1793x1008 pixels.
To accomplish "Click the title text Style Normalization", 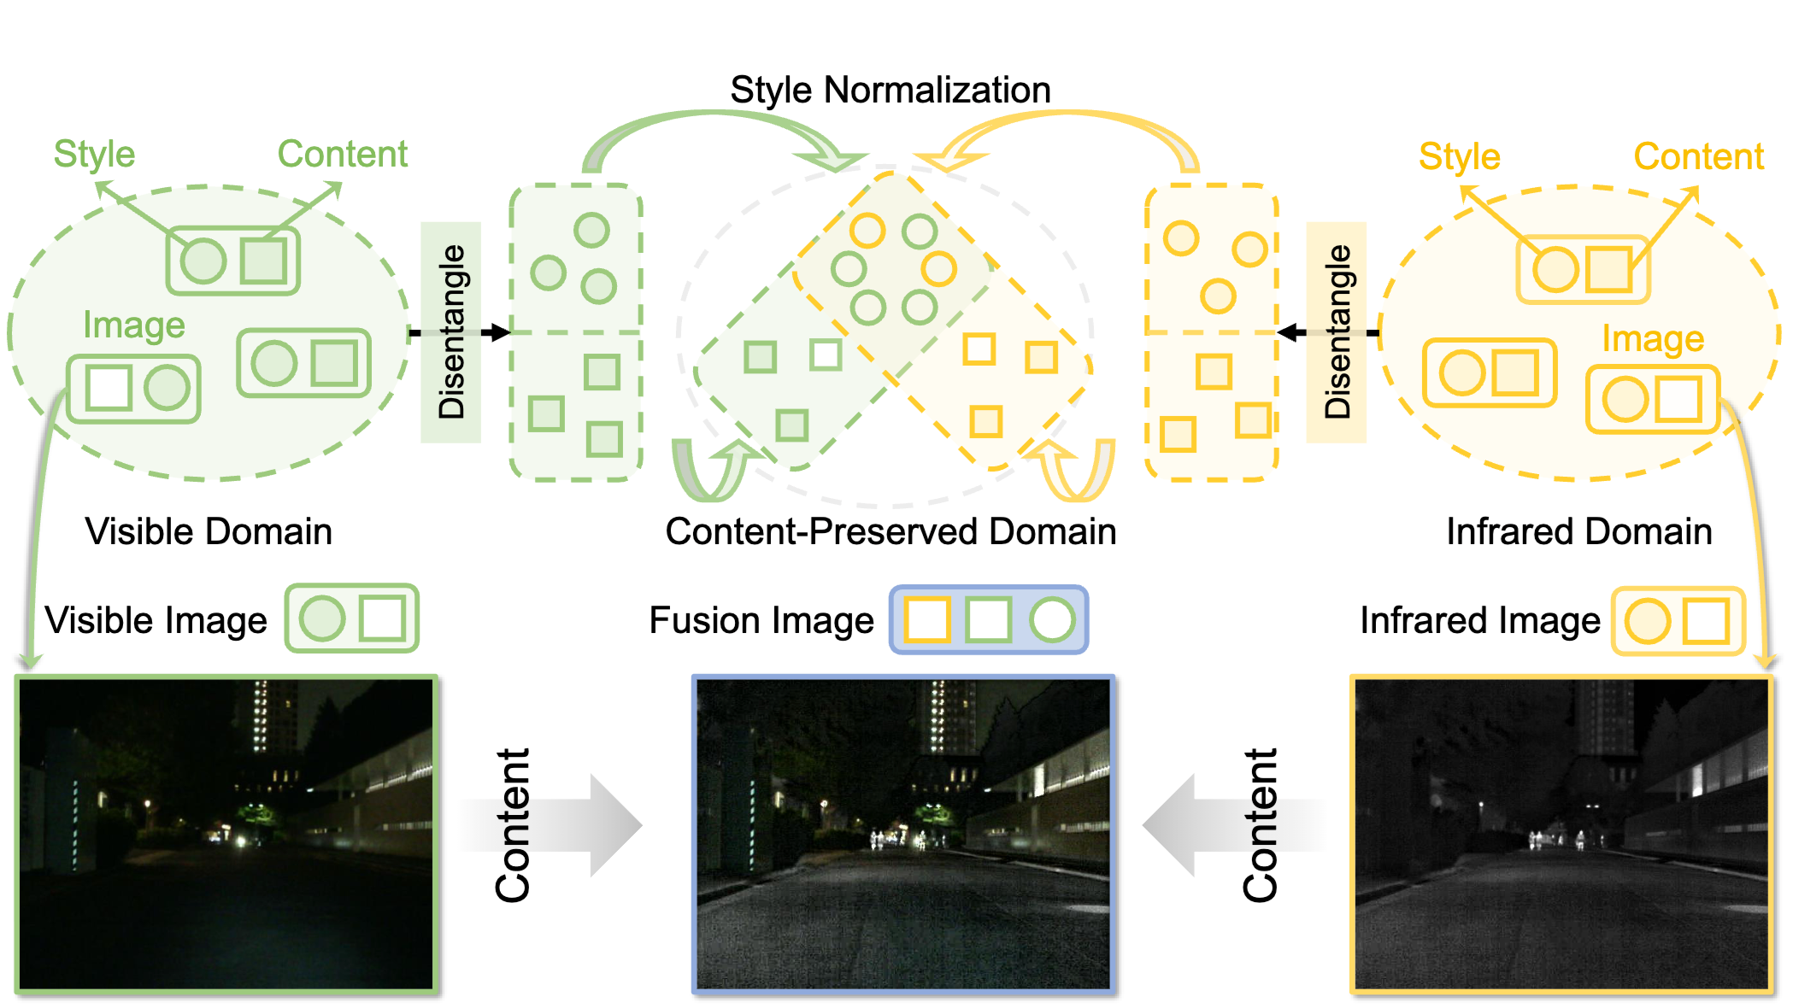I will click(x=890, y=90).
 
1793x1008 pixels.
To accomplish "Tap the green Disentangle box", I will click(x=450, y=332).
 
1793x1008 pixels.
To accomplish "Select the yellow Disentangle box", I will click(x=1337, y=332).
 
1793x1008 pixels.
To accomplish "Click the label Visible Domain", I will click(x=209, y=531).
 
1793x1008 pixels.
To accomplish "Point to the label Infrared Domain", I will click(x=1578, y=531).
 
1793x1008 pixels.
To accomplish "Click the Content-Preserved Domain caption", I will click(x=891, y=531).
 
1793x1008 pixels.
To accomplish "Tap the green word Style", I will click(x=94, y=155).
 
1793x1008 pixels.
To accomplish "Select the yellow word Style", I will click(x=1459, y=157).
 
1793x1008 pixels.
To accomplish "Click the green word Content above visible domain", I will click(x=342, y=155).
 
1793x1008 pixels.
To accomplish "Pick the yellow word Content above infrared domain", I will click(x=1698, y=157).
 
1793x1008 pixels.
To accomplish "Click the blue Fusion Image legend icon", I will click(x=989, y=620).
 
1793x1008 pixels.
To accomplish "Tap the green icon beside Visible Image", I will click(x=351, y=618).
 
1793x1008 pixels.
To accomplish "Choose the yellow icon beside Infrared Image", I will click(x=1678, y=621).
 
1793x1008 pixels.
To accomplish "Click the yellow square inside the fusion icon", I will click(x=927, y=620).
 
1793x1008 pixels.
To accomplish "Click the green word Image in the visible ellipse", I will click(x=133, y=325).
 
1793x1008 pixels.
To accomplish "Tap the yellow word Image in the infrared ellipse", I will click(x=1652, y=339).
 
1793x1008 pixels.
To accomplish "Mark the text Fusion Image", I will click(x=761, y=620).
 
